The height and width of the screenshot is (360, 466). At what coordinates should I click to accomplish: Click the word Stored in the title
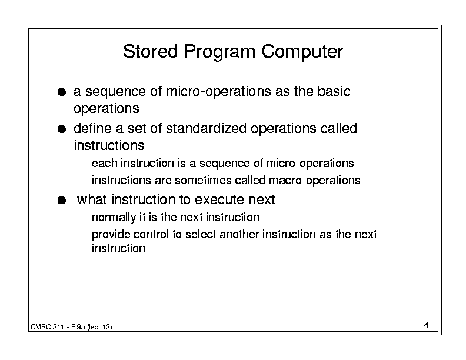tap(151, 51)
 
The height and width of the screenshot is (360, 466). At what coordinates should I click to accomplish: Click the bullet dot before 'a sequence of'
tap(62, 92)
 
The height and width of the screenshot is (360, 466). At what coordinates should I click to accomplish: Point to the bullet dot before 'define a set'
tap(62, 129)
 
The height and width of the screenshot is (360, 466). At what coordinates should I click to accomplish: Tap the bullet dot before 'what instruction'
tap(62, 200)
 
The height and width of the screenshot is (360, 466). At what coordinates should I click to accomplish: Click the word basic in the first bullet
tap(334, 91)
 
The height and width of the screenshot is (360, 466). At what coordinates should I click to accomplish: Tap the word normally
tap(114, 218)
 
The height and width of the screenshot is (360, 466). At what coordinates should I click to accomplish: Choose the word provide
tap(111, 235)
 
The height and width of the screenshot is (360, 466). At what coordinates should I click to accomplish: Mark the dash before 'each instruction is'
tap(82, 164)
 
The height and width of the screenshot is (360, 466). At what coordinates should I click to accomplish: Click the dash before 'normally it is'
tap(82, 218)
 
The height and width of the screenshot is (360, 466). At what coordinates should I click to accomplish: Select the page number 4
tap(426, 325)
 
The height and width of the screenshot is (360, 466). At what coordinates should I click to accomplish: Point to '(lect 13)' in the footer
tap(99, 327)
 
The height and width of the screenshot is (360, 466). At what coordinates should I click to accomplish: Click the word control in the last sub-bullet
tap(151, 234)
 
